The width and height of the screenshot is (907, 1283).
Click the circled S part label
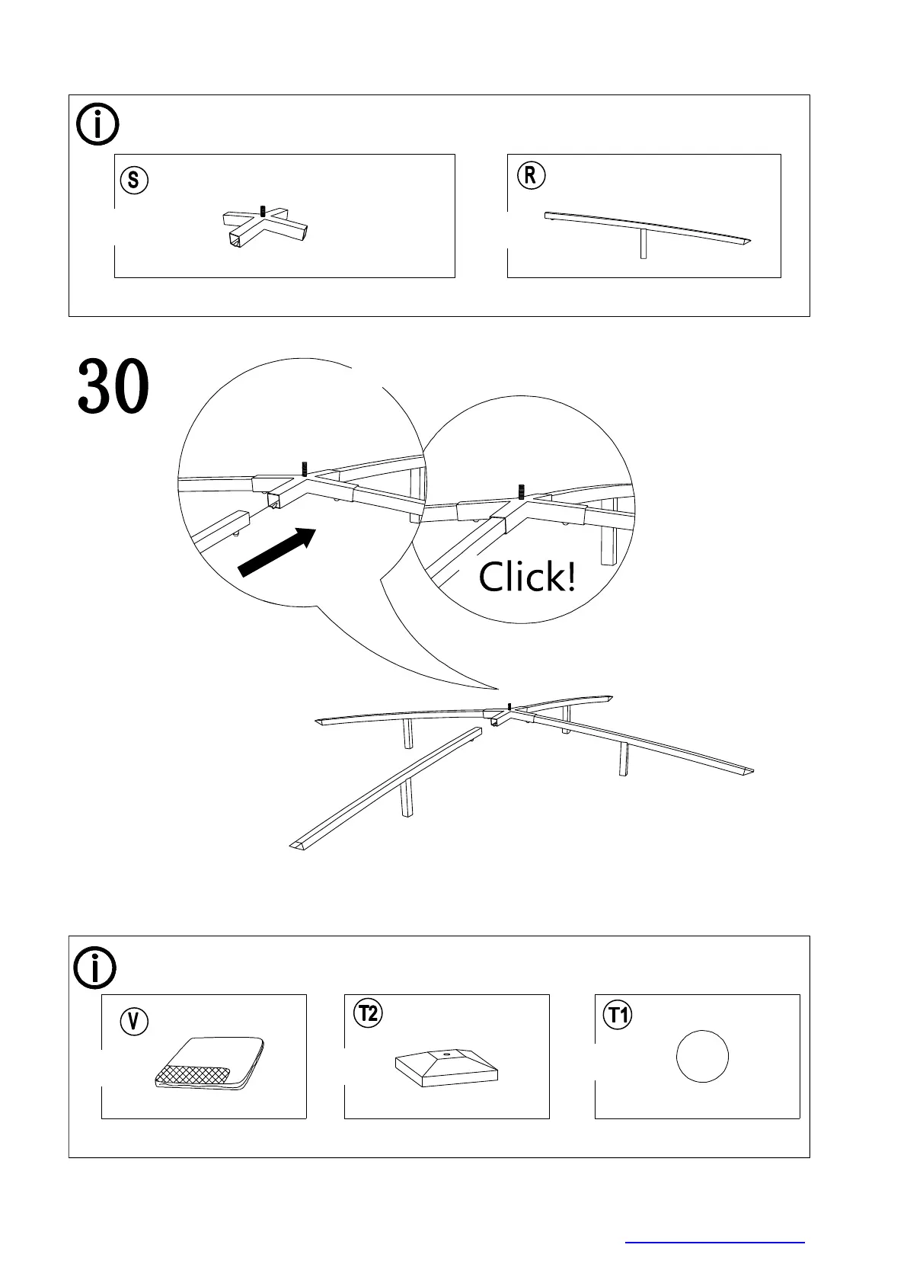pyautogui.click(x=133, y=181)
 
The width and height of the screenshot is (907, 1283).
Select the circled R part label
pyautogui.click(x=531, y=176)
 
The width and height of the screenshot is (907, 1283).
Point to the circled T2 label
pyautogui.click(x=369, y=1014)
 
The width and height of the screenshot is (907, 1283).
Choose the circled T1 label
pyautogui.click(x=617, y=1015)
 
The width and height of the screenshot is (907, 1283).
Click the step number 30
pyautogui.click(x=113, y=388)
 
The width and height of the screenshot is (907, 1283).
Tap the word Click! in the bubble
pyautogui.click(x=526, y=578)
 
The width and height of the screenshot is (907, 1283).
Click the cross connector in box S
pyautogui.click(x=266, y=226)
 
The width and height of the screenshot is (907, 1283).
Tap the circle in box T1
pyautogui.click(x=702, y=1056)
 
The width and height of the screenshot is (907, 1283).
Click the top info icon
pyautogui.click(x=98, y=125)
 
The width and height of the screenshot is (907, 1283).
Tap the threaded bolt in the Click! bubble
pyautogui.click(x=521, y=491)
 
